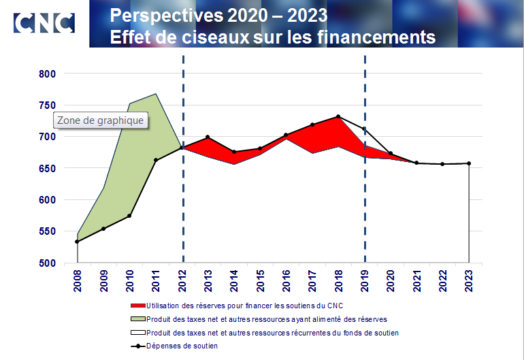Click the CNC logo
tap(44, 22)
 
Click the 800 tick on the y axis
tap(54, 73)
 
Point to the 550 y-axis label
tap(54, 231)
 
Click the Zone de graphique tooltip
tap(101, 120)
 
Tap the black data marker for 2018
tap(338, 116)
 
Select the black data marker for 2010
tap(129, 216)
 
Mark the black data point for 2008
tap(78, 242)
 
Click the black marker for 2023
tap(469, 163)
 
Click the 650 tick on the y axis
tap(54, 168)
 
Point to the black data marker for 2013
tap(208, 137)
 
